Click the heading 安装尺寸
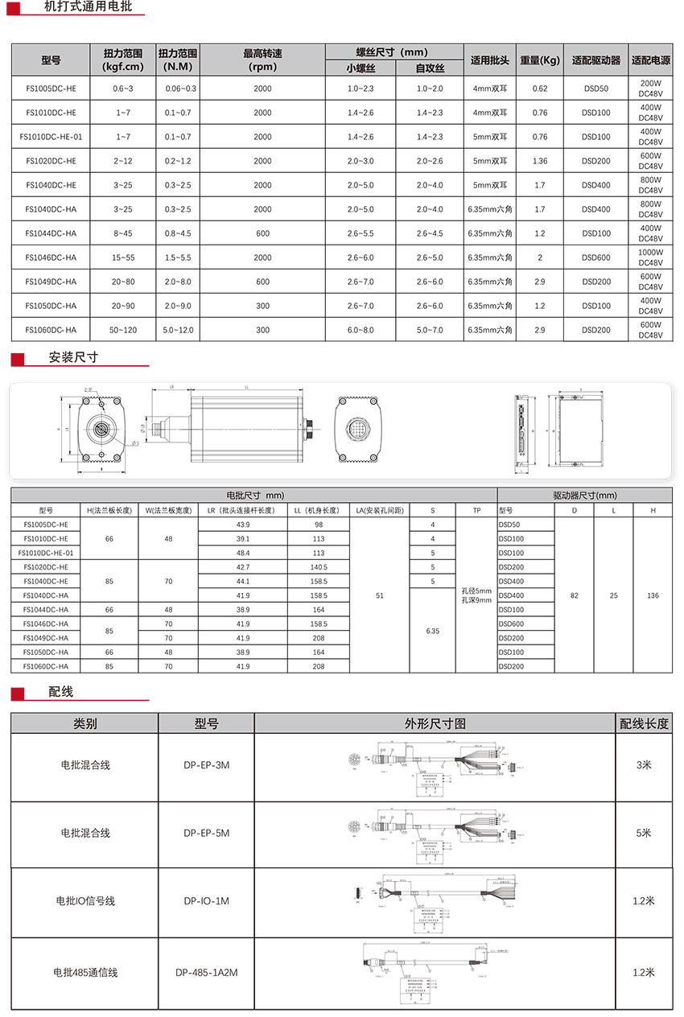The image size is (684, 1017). [73, 357]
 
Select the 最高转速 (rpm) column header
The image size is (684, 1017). [262, 60]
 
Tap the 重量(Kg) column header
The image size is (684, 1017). [539, 60]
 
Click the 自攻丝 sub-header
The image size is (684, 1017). [430, 68]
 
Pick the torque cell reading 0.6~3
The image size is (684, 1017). [123, 89]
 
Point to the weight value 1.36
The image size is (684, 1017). [539, 161]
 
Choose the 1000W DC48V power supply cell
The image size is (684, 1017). [650, 257]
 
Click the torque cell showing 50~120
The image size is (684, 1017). [123, 330]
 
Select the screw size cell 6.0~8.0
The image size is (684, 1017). [361, 330]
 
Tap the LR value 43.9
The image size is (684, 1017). [242, 525]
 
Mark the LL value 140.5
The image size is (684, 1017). [319, 567]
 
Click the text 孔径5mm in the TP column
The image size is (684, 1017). [476, 591]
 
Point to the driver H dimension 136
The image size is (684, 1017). [652, 595]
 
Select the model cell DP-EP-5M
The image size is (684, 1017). [206, 833]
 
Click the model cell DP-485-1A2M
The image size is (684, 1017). [206, 973]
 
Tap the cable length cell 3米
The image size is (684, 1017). [643, 765]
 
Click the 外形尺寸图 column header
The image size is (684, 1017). [435, 723]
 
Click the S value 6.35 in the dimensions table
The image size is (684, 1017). [433, 631]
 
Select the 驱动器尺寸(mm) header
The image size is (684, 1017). [584, 496]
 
